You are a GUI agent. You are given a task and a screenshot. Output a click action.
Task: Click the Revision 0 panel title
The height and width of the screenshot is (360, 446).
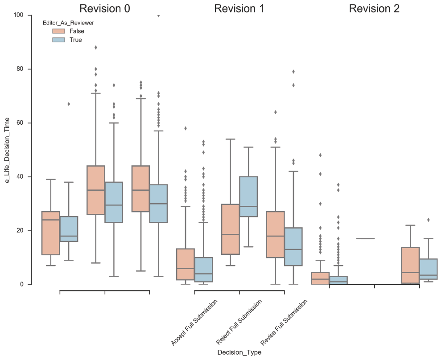[x=105, y=8]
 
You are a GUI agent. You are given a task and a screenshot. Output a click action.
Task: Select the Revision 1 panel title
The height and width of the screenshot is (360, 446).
[x=239, y=8]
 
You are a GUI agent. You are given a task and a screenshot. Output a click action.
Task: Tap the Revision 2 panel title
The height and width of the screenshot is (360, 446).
[x=374, y=8]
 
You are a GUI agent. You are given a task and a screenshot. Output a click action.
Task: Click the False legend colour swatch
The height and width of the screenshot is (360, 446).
[x=58, y=31]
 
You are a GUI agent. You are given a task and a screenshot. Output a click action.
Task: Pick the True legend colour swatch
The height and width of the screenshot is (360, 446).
[x=58, y=40]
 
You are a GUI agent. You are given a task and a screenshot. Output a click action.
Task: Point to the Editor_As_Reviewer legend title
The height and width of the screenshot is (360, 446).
[x=68, y=22]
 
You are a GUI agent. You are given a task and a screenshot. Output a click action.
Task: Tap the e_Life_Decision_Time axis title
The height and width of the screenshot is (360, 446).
[x=8, y=150]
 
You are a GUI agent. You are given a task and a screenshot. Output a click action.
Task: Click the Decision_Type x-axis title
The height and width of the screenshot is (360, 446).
[x=239, y=352]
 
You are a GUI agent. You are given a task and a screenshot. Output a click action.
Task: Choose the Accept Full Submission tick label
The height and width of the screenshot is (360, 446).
[x=194, y=323]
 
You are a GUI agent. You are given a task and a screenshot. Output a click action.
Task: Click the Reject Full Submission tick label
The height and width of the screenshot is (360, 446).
[x=239, y=322]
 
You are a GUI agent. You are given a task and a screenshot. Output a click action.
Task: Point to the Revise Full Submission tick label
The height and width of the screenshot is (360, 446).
[x=284, y=323]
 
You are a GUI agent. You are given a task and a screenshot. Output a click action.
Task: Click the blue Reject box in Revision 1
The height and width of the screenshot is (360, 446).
[x=248, y=196]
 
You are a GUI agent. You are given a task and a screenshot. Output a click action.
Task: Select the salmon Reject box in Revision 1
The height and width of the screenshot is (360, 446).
[x=231, y=229]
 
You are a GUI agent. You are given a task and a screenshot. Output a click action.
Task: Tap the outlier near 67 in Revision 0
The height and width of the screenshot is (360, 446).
[x=69, y=104]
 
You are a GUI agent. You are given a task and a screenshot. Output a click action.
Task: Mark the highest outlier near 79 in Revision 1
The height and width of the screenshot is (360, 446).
[x=293, y=71]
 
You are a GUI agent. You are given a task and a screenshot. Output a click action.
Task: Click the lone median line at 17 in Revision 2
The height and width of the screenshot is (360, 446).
[x=365, y=238]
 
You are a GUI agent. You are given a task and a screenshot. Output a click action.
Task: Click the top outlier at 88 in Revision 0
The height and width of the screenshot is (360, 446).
[x=95, y=47]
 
